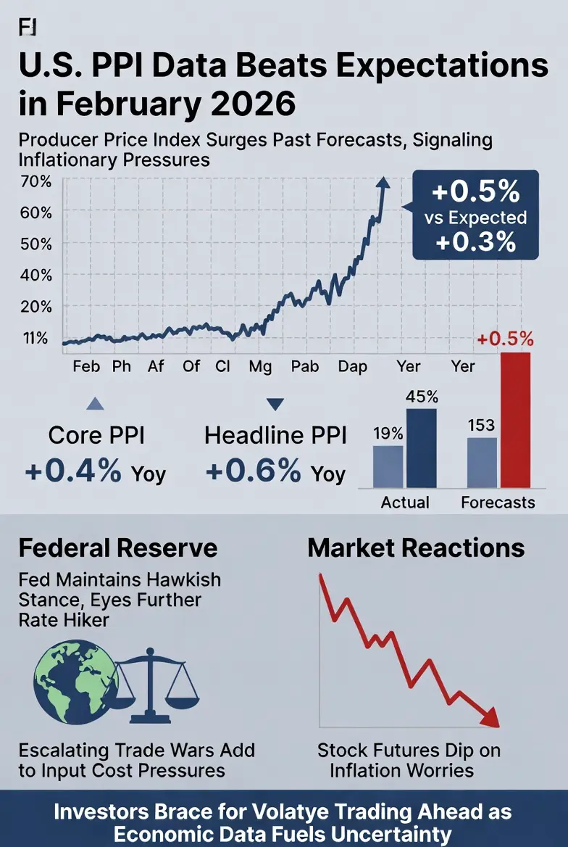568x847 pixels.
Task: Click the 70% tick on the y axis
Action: [36, 181]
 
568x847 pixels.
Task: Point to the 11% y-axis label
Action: [36, 338]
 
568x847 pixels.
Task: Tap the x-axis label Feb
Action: [86, 366]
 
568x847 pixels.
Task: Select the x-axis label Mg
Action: [259, 366]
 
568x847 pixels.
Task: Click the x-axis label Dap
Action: [353, 366]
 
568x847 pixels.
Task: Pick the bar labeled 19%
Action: [388, 466]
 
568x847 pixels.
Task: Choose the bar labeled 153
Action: [481, 461]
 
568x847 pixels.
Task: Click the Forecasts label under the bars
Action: [498, 502]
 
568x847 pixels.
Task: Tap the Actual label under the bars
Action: [405, 502]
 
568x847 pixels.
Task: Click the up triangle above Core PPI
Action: [95, 405]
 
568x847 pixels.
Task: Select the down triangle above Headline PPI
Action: [276, 405]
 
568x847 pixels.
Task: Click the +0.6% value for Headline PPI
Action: [254, 471]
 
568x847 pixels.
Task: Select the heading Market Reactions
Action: [416, 548]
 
